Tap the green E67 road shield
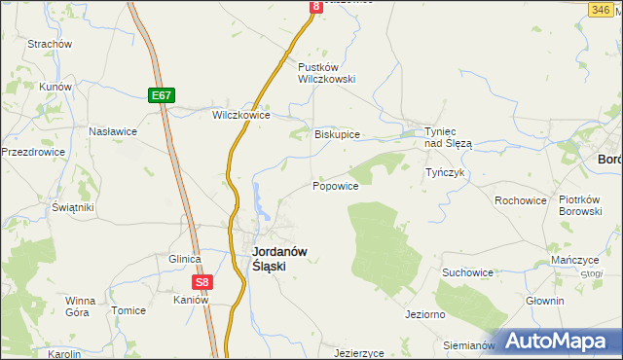(x=163, y=94)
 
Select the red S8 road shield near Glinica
(x=201, y=283)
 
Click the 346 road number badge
(x=600, y=8)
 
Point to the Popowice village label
(x=336, y=185)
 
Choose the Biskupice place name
(x=337, y=134)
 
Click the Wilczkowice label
(x=240, y=114)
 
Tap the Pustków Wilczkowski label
(x=326, y=73)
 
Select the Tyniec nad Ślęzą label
(x=448, y=136)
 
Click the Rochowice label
(x=520, y=200)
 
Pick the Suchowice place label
(x=467, y=272)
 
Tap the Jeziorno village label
(x=425, y=315)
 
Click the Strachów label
(x=51, y=44)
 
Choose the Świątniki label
(x=72, y=207)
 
